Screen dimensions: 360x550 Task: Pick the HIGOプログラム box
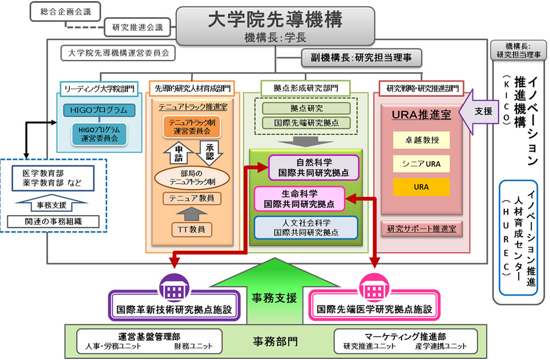click(x=98, y=110)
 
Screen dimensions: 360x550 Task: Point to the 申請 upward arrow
click(x=177, y=152)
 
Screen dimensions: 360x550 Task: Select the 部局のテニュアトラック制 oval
click(x=192, y=177)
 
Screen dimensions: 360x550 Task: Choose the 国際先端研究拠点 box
click(x=306, y=122)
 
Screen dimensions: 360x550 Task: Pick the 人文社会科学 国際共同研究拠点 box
click(x=306, y=227)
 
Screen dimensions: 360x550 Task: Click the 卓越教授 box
click(x=421, y=140)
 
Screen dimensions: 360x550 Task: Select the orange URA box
click(x=421, y=187)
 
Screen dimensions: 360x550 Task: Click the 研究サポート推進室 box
click(x=421, y=227)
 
